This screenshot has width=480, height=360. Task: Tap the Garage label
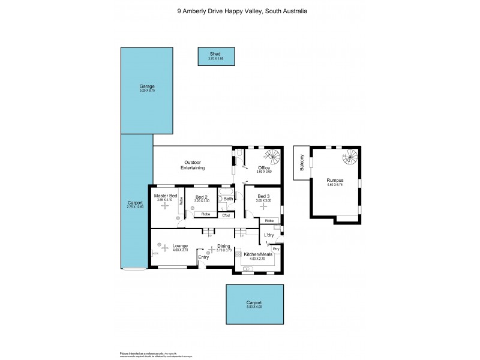(147, 86)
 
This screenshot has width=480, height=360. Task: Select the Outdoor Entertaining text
(193, 165)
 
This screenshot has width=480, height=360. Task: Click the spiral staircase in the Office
(272, 157)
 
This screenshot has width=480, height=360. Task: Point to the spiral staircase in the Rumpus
(349, 158)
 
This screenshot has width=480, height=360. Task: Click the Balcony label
(302, 164)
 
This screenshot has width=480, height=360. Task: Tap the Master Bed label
(165, 196)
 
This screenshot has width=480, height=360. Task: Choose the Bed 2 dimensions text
(202, 201)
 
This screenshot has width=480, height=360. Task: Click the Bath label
(229, 199)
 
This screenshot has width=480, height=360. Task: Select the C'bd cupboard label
(226, 215)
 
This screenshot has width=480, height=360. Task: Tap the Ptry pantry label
(276, 248)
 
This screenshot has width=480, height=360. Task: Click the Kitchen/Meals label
(258, 254)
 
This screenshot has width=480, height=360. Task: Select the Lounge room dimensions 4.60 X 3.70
(180, 250)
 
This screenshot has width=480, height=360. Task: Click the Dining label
(224, 246)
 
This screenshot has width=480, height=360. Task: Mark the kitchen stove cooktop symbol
(247, 269)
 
